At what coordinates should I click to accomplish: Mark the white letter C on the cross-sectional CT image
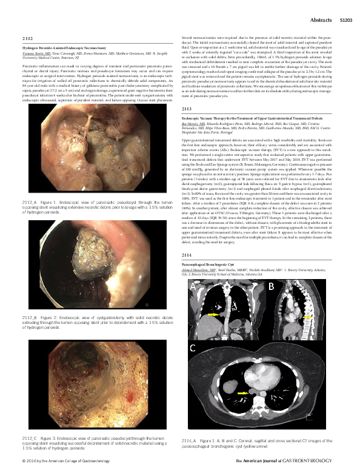(x=193, y=348)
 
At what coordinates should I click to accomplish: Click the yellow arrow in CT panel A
(x=213, y=316)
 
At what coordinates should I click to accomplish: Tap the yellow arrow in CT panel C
(x=241, y=394)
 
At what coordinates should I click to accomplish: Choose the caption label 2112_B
(x=30, y=317)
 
